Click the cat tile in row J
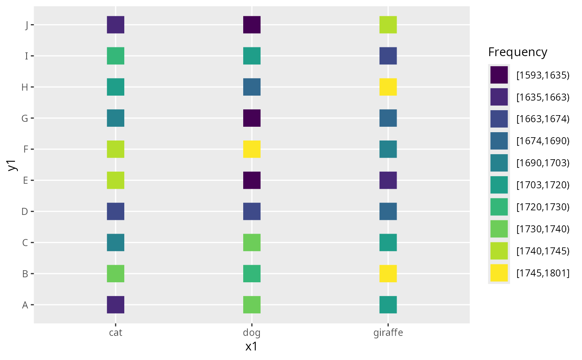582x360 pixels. (116, 25)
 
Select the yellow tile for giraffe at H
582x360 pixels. (388, 87)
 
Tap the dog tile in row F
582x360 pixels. (252, 149)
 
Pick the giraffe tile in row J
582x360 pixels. (388, 25)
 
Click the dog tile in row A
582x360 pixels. (252, 305)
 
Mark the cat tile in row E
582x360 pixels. (116, 180)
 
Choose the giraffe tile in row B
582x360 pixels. (388, 274)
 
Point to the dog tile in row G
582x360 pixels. (252, 118)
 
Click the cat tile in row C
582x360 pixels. (116, 242)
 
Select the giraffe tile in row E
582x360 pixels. (388, 180)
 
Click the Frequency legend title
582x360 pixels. (518, 52)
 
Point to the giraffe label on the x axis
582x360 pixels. (388, 333)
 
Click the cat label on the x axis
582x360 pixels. (116, 333)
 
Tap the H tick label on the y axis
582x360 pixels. (25, 87)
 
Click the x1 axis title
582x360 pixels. (252, 347)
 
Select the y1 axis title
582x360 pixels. (13, 165)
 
